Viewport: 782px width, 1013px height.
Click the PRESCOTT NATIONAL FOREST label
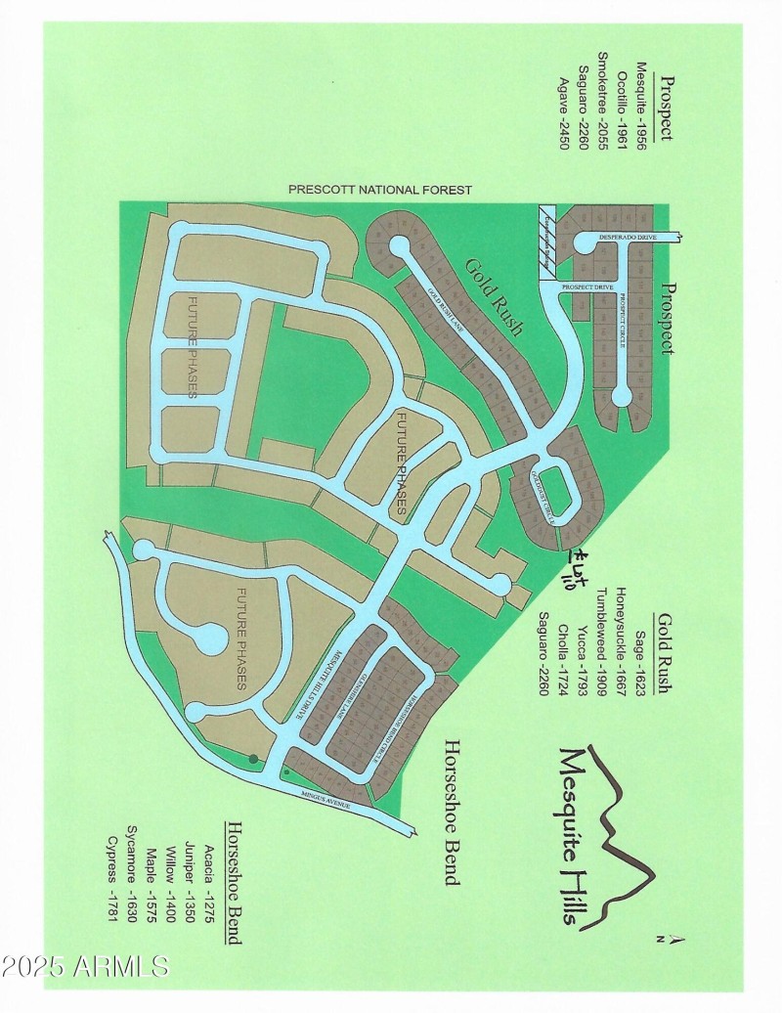[x=380, y=190]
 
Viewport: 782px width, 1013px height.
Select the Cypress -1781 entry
[x=112, y=864]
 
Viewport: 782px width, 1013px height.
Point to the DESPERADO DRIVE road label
[x=628, y=236]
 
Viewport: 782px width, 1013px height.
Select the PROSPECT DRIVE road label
[x=587, y=286]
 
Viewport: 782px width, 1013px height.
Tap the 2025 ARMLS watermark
[x=85, y=968]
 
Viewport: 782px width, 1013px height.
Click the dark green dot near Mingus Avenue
[x=254, y=758]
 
